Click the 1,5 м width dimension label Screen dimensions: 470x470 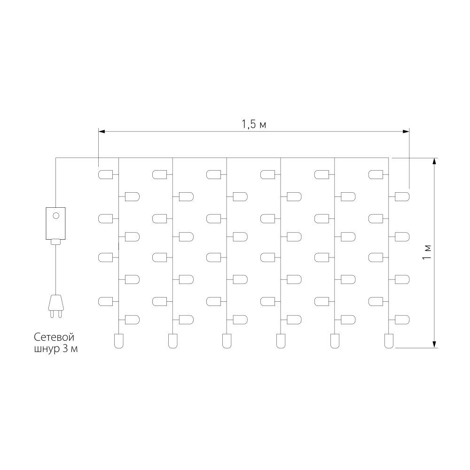pyautogui.click(x=254, y=124)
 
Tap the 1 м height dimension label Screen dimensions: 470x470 pyautogui.click(x=427, y=252)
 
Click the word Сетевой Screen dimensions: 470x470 pyautogui.click(x=54, y=337)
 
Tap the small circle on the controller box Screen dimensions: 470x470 pyautogui.click(x=56, y=216)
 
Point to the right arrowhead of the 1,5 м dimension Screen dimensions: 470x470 pyautogui.click(x=406, y=131)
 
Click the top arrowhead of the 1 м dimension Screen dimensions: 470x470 pyautogui.click(x=434, y=161)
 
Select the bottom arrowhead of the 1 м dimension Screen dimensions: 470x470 pyautogui.click(x=434, y=345)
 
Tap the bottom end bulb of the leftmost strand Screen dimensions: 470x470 pyautogui.click(x=119, y=341)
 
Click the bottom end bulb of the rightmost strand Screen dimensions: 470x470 pyautogui.click(x=389, y=341)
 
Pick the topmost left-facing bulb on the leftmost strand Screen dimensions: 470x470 pyautogui.click(x=105, y=174)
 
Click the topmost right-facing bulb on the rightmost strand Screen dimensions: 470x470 pyautogui.click(x=402, y=196)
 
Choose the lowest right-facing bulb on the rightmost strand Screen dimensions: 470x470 pyautogui.click(x=402, y=320)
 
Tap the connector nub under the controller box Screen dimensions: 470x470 pyautogui.click(x=56, y=242)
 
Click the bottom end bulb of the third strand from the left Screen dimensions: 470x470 pyautogui.click(x=227, y=341)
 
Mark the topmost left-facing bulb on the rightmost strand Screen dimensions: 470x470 pyautogui.click(x=376, y=174)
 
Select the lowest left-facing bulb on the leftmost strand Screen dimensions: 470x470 pyautogui.click(x=105, y=302)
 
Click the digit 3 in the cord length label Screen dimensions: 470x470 pyautogui.click(x=65, y=349)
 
